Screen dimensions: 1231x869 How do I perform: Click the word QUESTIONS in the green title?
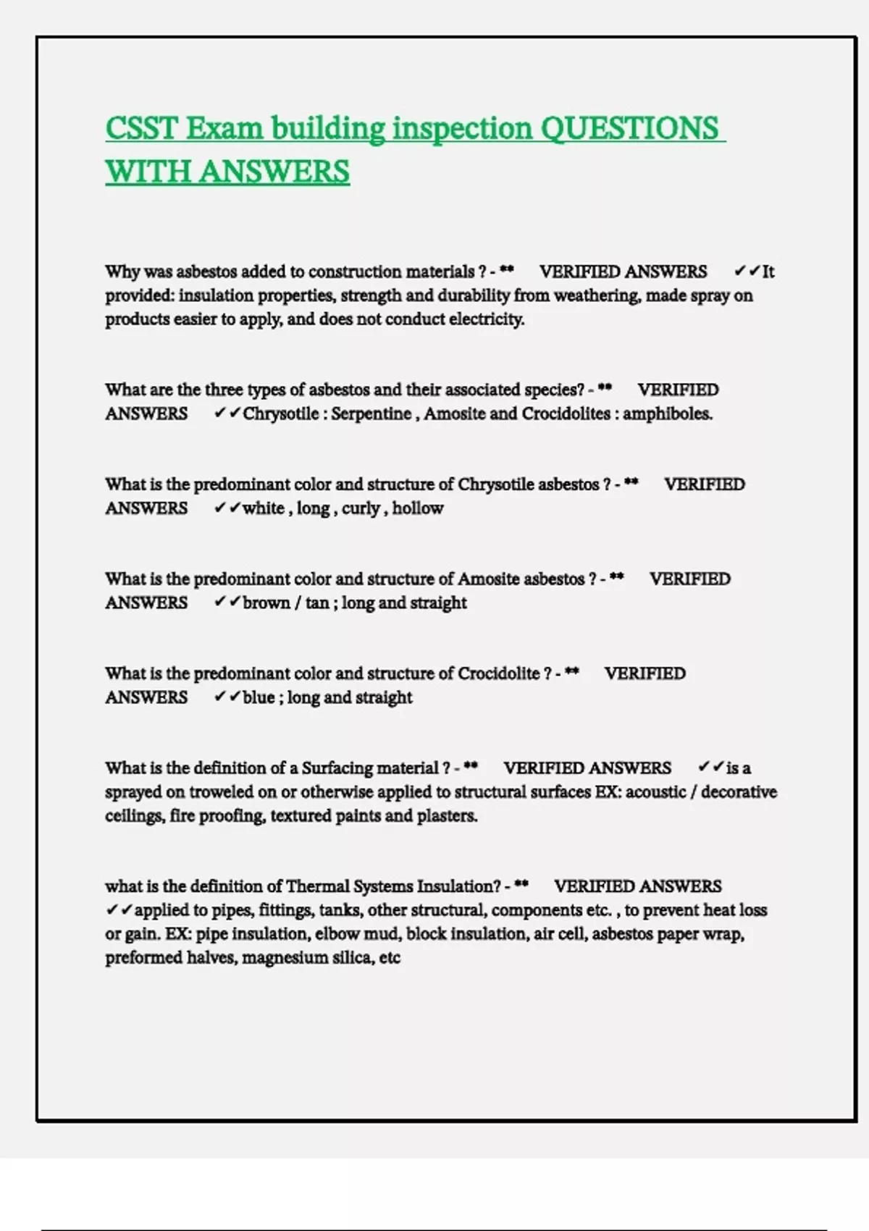pos(629,128)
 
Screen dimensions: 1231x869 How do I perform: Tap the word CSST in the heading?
pos(141,128)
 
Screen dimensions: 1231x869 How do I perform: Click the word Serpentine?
pos(371,413)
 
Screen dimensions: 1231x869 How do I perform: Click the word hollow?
pos(418,508)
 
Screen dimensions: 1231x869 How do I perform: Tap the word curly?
pos(361,508)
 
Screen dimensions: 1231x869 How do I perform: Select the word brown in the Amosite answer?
pos(266,602)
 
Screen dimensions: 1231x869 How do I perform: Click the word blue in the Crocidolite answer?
pos(259,697)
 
